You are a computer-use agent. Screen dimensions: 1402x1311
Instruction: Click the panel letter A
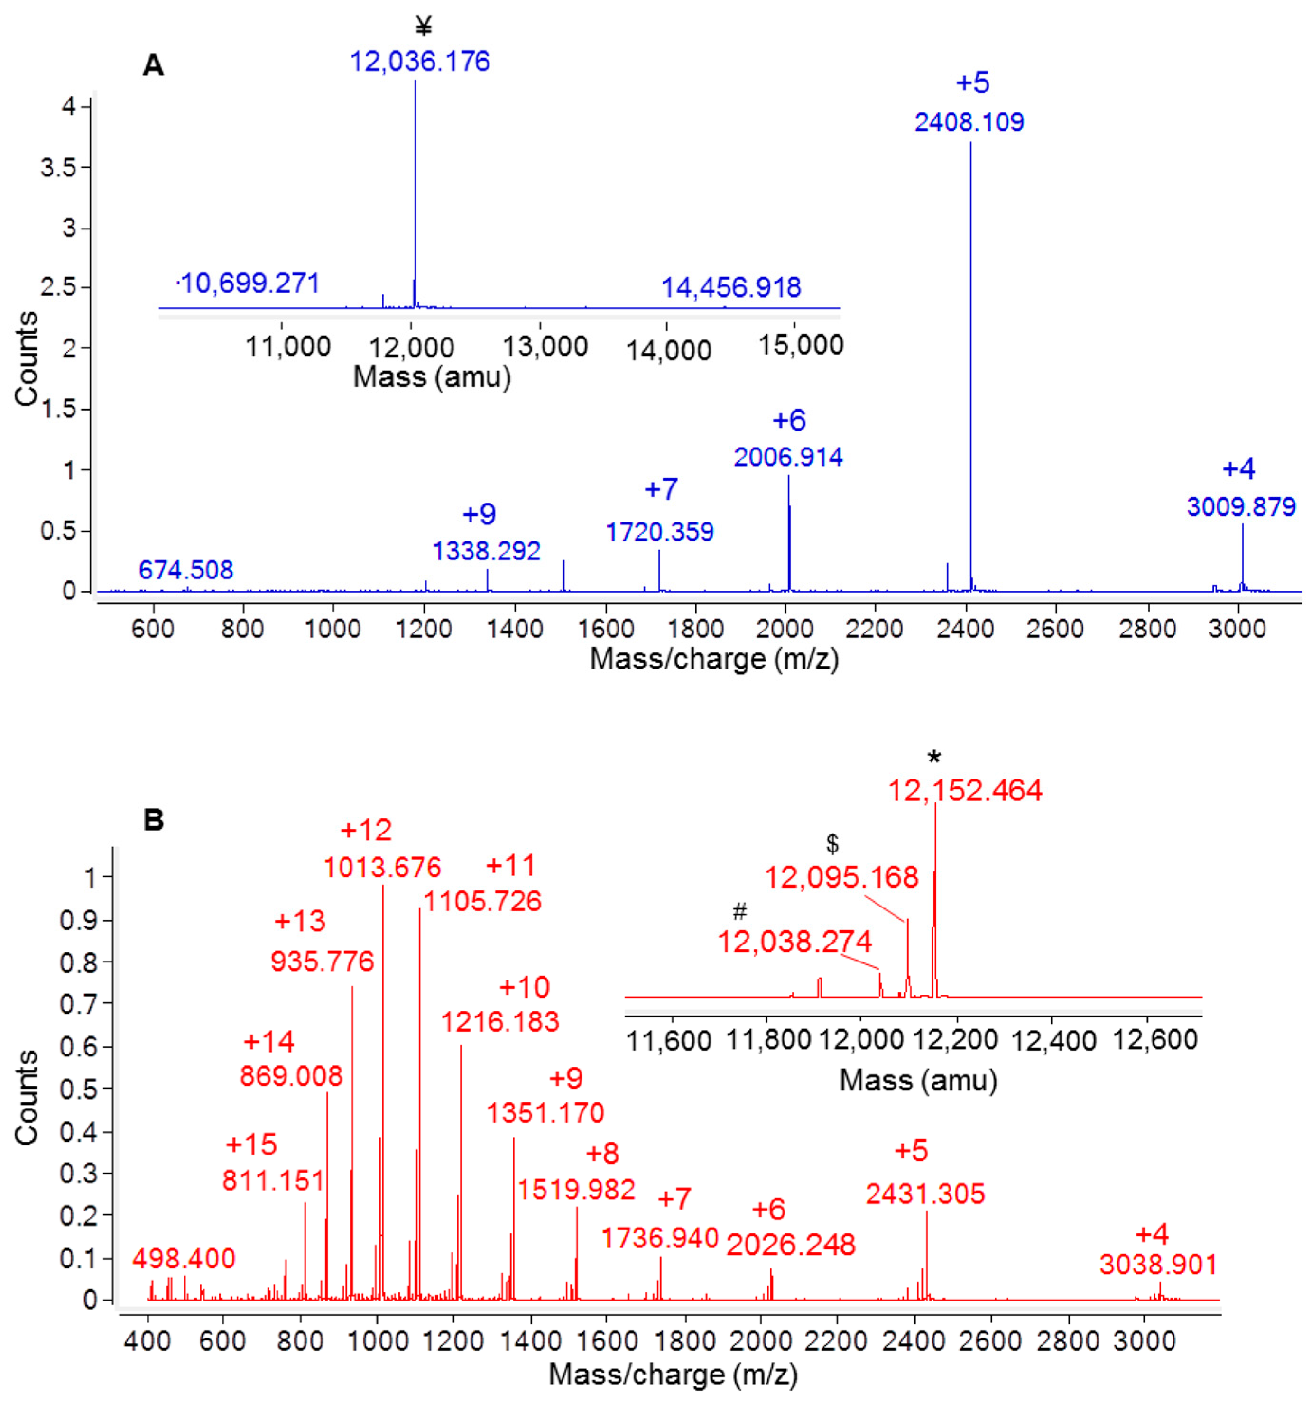pos(153,65)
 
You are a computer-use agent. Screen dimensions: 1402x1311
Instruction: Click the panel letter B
pos(153,819)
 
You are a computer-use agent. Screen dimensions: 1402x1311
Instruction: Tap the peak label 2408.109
pos(969,122)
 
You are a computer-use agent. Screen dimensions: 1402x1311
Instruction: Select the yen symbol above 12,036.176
pos(424,27)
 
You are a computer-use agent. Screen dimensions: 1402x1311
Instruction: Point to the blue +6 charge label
pos(789,421)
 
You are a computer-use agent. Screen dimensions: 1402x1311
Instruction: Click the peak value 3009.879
pos(1241,506)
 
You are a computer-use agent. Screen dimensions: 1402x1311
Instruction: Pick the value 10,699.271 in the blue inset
pos(249,284)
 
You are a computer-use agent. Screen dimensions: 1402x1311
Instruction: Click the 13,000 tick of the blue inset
pos(545,346)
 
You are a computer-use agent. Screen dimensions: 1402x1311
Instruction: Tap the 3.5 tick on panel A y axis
pos(58,168)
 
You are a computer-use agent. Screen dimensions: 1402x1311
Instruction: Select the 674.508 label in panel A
pos(185,570)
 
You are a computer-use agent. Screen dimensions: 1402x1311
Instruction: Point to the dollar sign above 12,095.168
pos(832,843)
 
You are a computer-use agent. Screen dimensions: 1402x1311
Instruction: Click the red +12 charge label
pos(366,830)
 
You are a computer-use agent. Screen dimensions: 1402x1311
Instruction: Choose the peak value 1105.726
pos(483,901)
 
